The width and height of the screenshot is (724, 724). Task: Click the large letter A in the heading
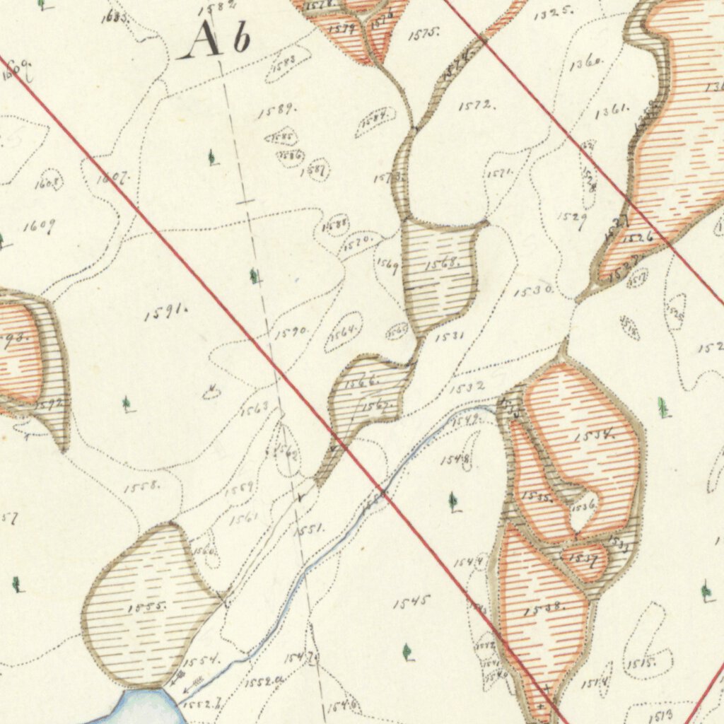(202, 40)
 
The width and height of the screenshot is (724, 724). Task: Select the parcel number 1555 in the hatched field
(148, 607)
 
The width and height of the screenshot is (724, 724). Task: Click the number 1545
(411, 602)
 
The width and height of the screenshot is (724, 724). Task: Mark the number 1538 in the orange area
(544, 608)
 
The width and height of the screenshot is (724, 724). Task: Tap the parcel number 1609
(39, 226)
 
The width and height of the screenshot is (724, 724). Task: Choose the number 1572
(477, 106)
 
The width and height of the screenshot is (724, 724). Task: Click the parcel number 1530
(533, 291)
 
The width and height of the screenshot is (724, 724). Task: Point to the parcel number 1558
(142, 487)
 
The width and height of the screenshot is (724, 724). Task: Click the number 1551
(309, 527)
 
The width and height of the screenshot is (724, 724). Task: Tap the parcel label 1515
(640, 662)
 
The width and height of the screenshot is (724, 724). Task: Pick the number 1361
(612, 111)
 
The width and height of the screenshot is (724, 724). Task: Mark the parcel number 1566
(363, 382)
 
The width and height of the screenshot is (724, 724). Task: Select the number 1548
(456, 460)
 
